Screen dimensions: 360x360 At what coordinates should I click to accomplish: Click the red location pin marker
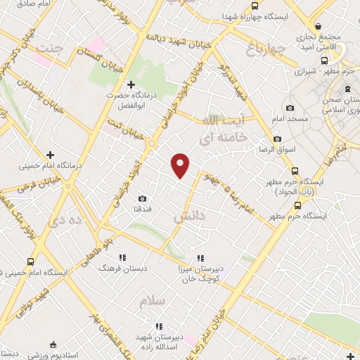pyautogui.click(x=181, y=165)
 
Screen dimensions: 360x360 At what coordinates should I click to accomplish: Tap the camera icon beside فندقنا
pyautogui.click(x=143, y=199)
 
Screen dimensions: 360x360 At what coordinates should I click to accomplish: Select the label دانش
pyautogui.click(x=188, y=218)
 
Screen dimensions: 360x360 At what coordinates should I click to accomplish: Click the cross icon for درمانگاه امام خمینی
pyautogui.click(x=49, y=155)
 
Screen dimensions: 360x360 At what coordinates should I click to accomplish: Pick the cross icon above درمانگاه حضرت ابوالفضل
pyautogui.click(x=131, y=84)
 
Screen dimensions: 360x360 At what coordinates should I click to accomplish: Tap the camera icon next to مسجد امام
pyautogui.click(x=290, y=108)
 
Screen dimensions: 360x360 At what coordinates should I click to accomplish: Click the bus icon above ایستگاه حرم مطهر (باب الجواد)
pyautogui.click(x=294, y=170)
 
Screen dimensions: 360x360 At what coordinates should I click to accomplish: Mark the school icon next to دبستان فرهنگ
pyautogui.click(x=122, y=258)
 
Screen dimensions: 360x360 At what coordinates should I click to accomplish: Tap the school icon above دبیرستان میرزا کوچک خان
pyautogui.click(x=201, y=258)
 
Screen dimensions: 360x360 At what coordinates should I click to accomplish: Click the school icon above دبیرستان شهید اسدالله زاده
pyautogui.click(x=160, y=326)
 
